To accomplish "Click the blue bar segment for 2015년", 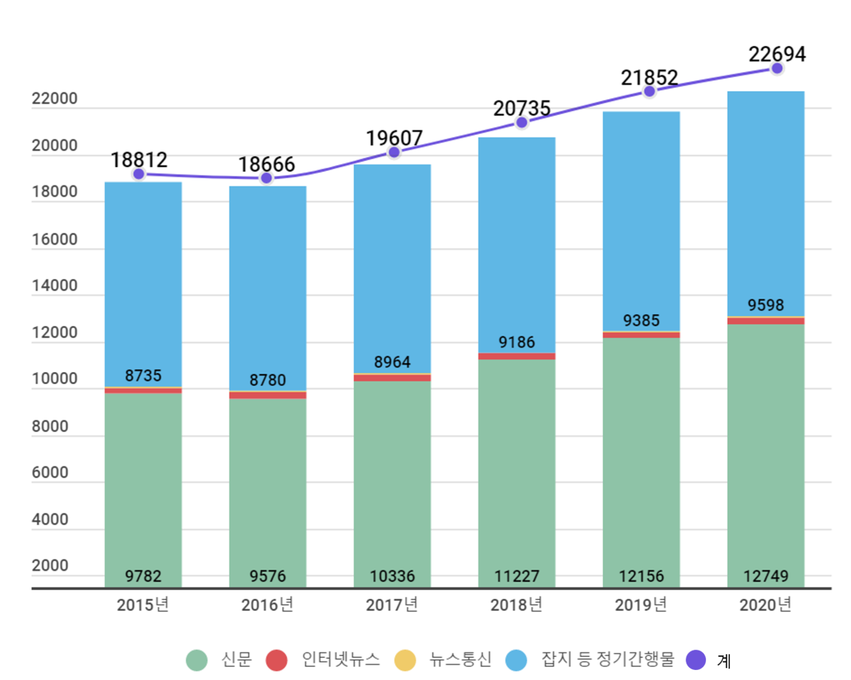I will (x=143, y=279).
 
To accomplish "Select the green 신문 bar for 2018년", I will (x=517, y=466).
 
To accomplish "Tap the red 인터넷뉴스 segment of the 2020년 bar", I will (x=765, y=321).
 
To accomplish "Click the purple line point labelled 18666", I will (x=267, y=178).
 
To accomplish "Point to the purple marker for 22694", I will (x=777, y=69).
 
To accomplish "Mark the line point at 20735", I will (x=522, y=122).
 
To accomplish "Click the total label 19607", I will (x=394, y=138).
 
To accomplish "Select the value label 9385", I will (x=641, y=321).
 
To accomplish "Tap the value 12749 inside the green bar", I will (x=765, y=576).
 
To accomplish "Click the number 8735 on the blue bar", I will (x=143, y=376).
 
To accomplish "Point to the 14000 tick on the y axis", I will (x=55, y=286).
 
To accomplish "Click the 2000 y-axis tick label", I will (x=50, y=566).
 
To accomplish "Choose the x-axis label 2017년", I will (x=392, y=605).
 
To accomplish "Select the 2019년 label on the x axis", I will (x=641, y=605).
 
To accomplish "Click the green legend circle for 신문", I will (x=197, y=660).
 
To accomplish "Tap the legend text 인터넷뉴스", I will (x=340, y=659).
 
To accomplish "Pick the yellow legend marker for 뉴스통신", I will (x=405, y=660).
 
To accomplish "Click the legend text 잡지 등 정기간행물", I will (x=608, y=659).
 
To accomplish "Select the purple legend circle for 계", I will (x=695, y=660).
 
